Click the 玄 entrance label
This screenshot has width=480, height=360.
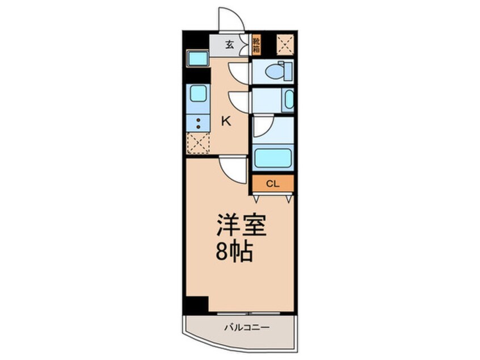(229, 45)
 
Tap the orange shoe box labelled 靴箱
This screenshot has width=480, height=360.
(256, 45)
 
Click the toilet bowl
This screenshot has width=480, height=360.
(276, 72)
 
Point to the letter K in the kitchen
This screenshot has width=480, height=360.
(225, 120)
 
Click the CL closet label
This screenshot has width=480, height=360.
(273, 183)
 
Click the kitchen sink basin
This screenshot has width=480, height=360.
(198, 93)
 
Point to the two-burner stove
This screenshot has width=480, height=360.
(198, 123)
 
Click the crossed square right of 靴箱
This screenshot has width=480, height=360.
(285, 44)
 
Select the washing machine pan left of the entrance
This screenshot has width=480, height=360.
(198, 58)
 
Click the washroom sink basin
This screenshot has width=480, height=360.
(289, 100)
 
